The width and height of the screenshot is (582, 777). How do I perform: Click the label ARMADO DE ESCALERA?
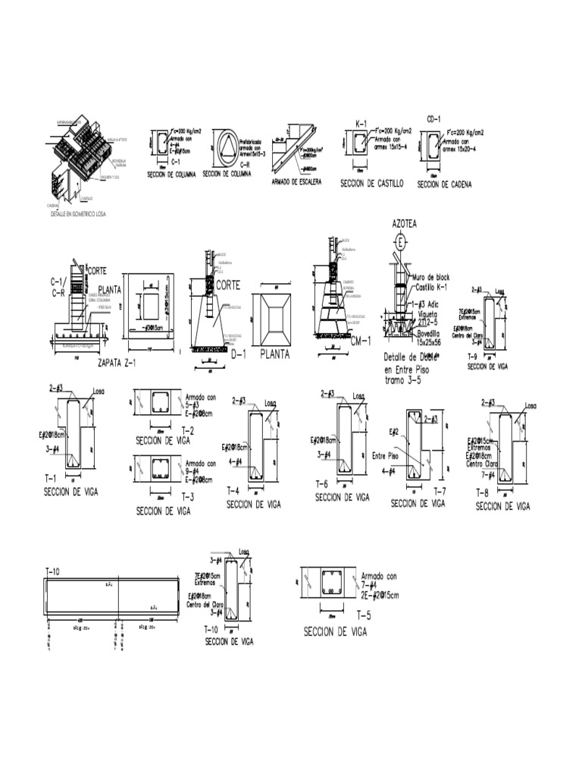pos(296,182)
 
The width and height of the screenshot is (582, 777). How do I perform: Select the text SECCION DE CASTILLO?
pos(371,184)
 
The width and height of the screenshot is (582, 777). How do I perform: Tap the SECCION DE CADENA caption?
pos(444,184)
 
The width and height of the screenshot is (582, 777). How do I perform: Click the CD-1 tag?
pos(433,119)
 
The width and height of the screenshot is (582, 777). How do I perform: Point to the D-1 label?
pos(239,354)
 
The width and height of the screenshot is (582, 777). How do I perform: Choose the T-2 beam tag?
pos(189,429)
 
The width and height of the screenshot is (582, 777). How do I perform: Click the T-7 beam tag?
pos(440,492)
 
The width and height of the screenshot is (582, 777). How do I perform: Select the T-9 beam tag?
pos(472,355)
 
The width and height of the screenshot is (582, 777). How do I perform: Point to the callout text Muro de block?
pos(432,278)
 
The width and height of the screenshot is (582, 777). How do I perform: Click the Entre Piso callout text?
pos(385,456)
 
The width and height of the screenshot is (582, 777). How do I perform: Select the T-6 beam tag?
pos(321,484)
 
